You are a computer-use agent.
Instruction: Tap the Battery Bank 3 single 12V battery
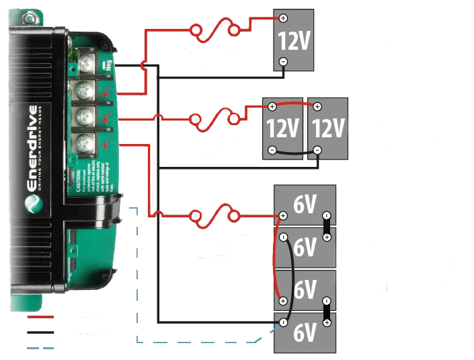294,42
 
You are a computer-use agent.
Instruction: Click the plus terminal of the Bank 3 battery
283,18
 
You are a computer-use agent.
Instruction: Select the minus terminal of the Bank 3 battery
283,61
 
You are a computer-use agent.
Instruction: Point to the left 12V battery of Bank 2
283,127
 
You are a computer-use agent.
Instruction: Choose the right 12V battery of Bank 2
326,127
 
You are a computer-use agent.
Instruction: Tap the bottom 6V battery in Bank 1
305,332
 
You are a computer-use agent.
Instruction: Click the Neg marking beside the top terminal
106,65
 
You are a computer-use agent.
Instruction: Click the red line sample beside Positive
40,316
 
